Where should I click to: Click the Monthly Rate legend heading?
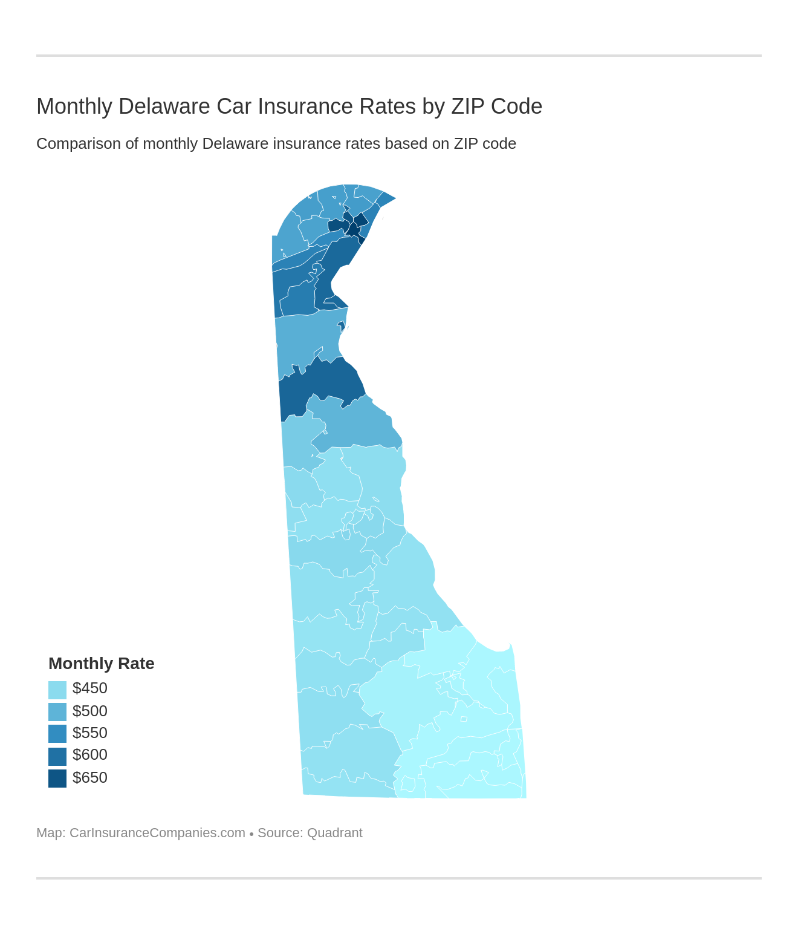tap(101, 664)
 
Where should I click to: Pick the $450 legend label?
tap(89, 688)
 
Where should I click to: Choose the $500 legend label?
tap(89, 711)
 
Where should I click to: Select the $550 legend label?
tap(89, 733)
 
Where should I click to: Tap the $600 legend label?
tap(89, 755)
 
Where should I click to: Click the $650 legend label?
tap(89, 777)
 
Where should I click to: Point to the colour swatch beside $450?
tap(57, 690)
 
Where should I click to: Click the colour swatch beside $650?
tap(57, 779)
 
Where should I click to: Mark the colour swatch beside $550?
tap(57, 734)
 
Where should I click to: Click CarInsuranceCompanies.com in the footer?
tap(157, 833)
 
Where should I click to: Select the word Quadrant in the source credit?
tap(334, 833)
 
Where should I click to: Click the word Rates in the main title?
tap(387, 106)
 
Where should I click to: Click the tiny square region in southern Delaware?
tap(464, 719)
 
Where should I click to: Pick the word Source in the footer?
tap(279, 833)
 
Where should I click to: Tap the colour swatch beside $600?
tap(57, 756)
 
